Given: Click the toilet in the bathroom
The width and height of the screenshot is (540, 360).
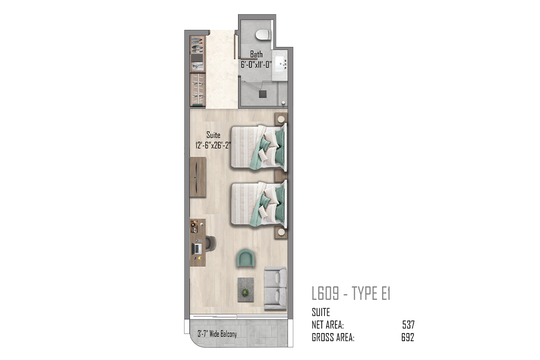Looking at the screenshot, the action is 262,35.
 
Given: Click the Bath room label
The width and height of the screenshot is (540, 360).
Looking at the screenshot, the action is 256,54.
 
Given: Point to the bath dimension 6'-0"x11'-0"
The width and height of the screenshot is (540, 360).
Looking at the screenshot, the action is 256,65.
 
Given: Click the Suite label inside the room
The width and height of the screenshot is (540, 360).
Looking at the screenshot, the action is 213,135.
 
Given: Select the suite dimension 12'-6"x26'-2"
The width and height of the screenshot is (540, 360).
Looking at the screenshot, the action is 213,145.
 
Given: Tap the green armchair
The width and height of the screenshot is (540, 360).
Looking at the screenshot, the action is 245,258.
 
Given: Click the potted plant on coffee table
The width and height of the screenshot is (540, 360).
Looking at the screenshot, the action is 245,292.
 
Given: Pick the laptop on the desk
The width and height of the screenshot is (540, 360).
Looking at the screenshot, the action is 197,248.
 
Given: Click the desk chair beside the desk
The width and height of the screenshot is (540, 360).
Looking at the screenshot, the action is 211,243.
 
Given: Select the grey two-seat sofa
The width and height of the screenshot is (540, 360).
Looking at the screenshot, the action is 275,288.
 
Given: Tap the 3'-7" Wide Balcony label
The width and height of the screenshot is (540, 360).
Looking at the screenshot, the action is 217,334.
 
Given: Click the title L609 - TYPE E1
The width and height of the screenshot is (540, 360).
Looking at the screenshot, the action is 351,293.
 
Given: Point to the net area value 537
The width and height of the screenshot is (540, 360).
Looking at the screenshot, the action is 409,325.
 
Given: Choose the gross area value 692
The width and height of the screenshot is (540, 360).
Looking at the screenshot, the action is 408,337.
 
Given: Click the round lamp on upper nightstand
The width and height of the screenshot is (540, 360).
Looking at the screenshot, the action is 281,119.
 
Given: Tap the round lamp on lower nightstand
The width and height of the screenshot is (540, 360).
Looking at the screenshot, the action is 281,232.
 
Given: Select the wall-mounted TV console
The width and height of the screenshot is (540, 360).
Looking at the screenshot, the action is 198,177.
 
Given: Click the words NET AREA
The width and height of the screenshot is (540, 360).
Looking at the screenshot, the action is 328,325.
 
